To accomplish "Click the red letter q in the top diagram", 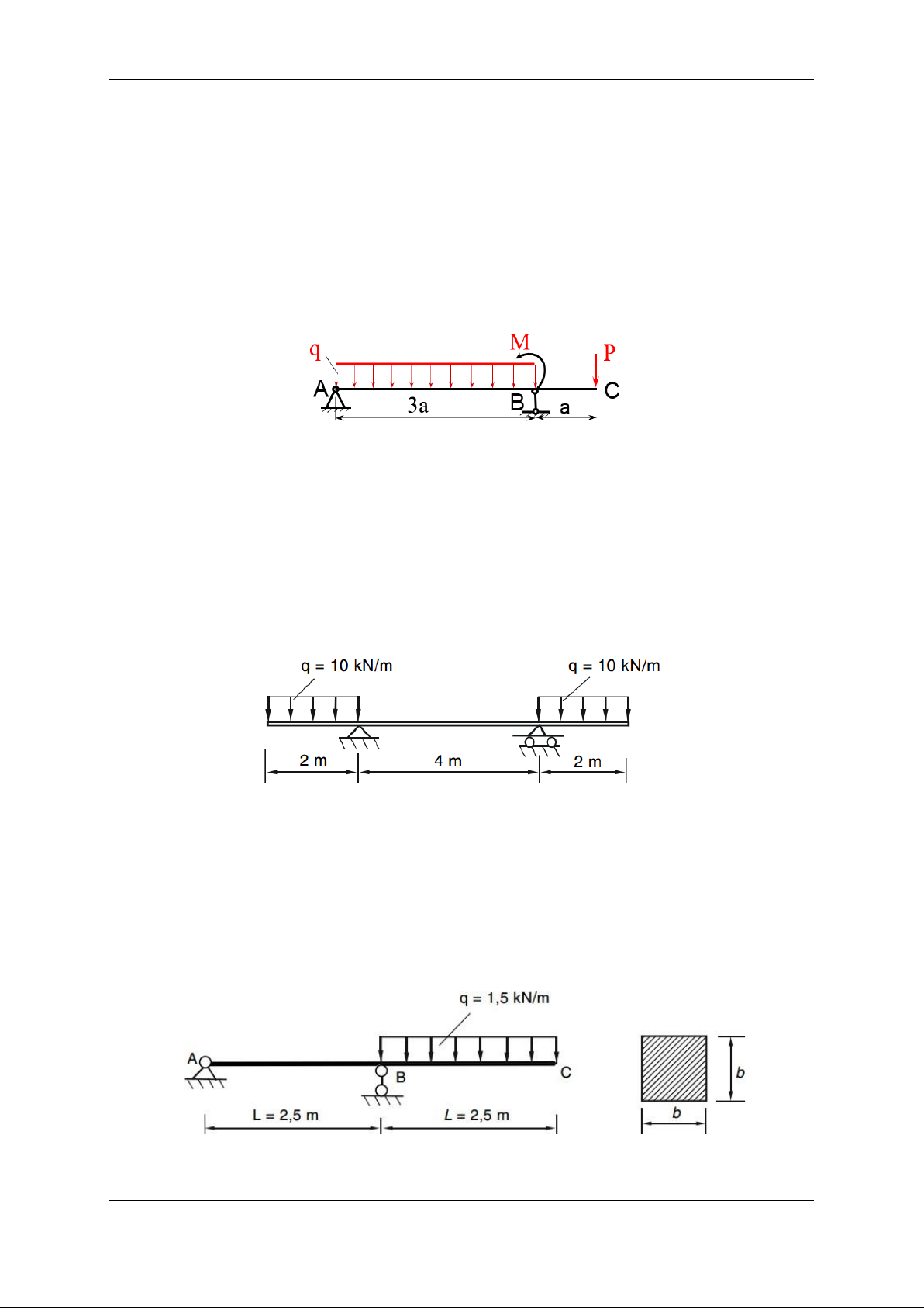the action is pyautogui.click(x=315, y=351).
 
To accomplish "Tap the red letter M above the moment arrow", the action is pyautogui.click(x=519, y=341).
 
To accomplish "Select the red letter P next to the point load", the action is pyautogui.click(x=609, y=353).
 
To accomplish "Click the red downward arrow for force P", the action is pyautogui.click(x=595, y=369).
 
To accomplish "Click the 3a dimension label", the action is pyautogui.click(x=418, y=405).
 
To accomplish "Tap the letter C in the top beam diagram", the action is pyautogui.click(x=612, y=390).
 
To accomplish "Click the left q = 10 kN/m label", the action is pyautogui.click(x=346, y=666).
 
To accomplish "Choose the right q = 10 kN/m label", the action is pyautogui.click(x=614, y=666).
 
